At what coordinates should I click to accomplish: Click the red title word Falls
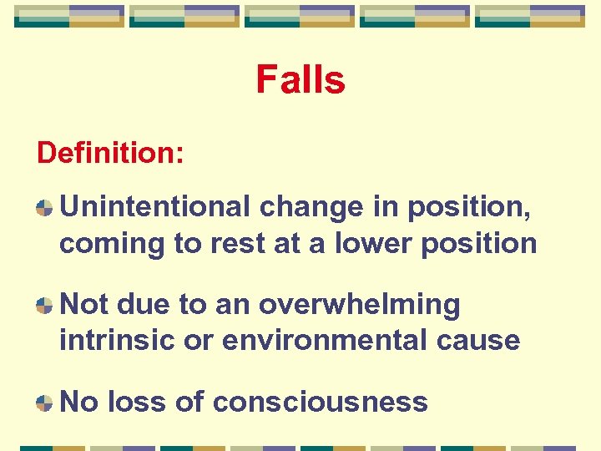[300, 81]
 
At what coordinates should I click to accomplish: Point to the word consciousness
[320, 402]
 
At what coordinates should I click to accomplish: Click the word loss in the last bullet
[137, 402]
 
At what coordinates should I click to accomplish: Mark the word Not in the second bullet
[84, 305]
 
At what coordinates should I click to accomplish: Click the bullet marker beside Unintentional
[43, 207]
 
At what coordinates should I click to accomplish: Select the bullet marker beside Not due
[43, 306]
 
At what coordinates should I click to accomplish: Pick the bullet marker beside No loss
[43, 403]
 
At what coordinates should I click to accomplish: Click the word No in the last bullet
[79, 402]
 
